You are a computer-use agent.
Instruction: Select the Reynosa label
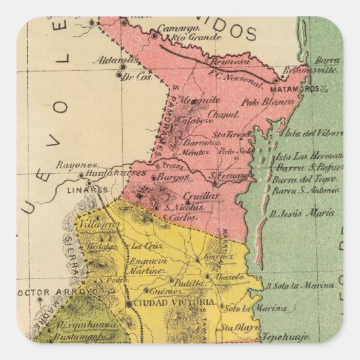click(x=230, y=62)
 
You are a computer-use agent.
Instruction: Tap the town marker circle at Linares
click(x=89, y=182)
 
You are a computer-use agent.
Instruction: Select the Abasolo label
click(x=230, y=278)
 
